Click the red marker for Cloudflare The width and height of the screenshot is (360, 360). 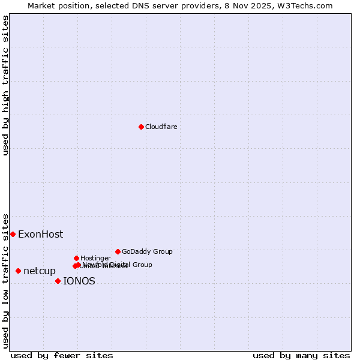(x=141, y=127)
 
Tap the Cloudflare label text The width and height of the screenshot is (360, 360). (x=161, y=127)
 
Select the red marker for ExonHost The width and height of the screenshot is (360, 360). (x=13, y=234)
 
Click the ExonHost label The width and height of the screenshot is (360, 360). (x=40, y=235)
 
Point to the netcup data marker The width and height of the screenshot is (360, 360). (x=18, y=271)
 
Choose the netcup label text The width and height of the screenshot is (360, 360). (x=40, y=271)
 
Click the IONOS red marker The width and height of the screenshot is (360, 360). (x=58, y=281)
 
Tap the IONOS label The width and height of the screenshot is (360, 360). (x=79, y=281)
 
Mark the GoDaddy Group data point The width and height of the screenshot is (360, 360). (x=118, y=251)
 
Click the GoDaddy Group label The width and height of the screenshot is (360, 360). (x=147, y=252)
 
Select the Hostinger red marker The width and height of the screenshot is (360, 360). (x=76, y=258)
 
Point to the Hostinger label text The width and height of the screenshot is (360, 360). (x=95, y=259)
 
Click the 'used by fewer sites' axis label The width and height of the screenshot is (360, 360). (x=62, y=356)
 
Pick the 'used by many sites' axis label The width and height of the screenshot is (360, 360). (x=301, y=356)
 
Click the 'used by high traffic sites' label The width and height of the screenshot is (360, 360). (x=6, y=85)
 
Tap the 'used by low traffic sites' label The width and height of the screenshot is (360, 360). (x=6, y=280)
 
